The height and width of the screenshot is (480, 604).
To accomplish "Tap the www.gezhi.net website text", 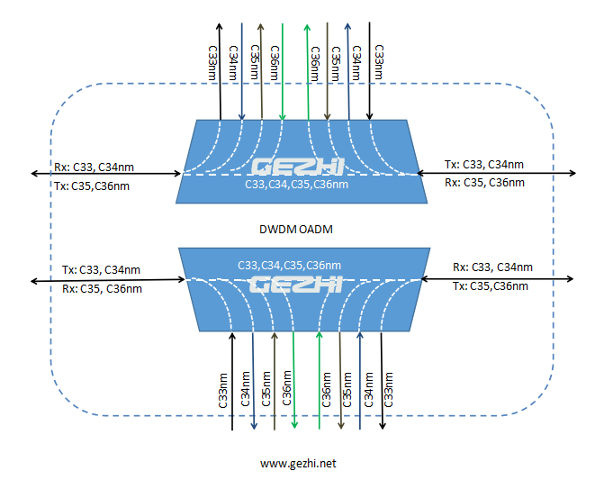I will (x=298, y=464).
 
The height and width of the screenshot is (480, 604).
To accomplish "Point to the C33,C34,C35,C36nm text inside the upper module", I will (x=296, y=185).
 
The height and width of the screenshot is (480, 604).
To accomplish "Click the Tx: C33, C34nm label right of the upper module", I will (x=484, y=165).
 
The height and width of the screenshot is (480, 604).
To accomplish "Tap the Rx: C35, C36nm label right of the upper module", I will (x=484, y=182).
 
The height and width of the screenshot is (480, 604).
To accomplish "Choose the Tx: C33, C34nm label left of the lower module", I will (x=101, y=269).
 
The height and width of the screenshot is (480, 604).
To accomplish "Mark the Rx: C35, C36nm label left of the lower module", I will (x=101, y=289).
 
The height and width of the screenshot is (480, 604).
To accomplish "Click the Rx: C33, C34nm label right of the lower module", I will (x=491, y=267).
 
